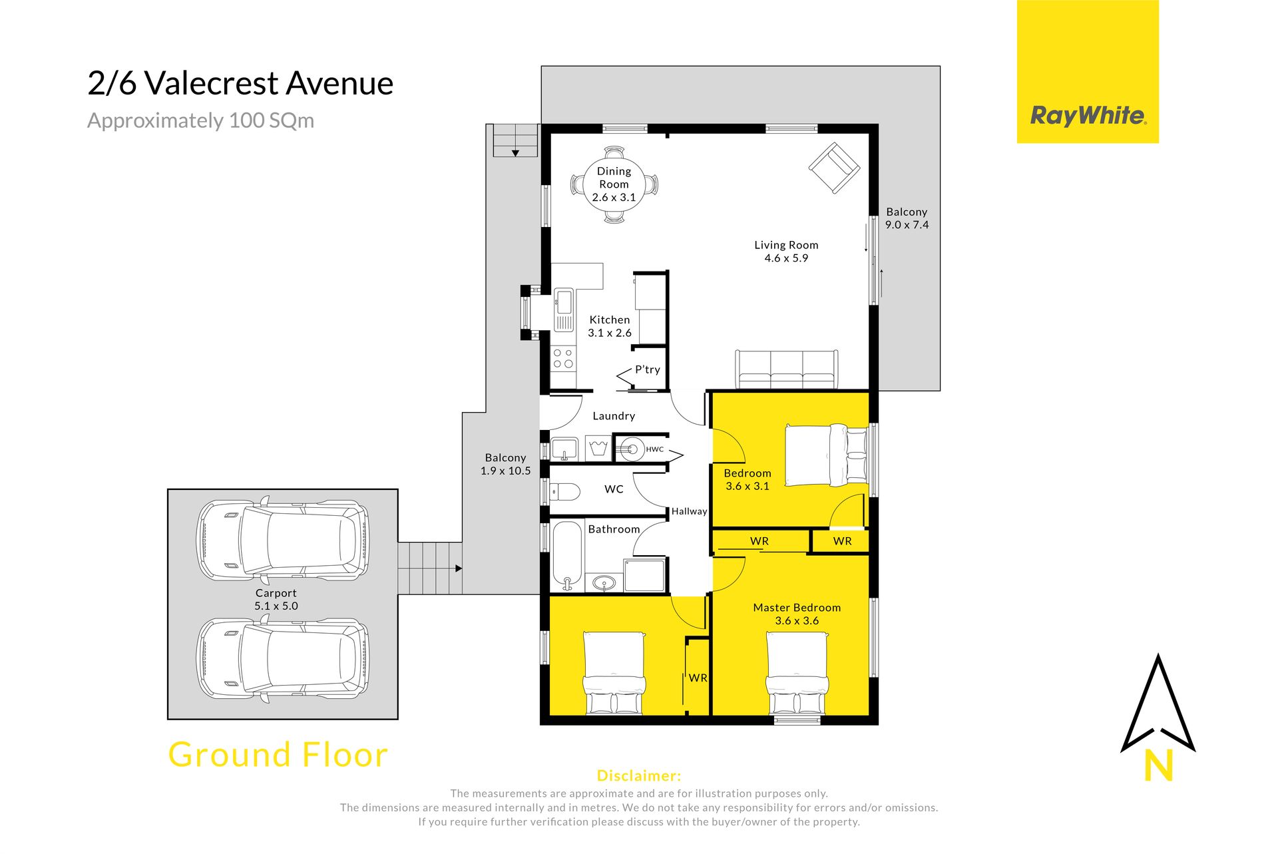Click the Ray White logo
[1088, 71]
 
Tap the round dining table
[614, 184]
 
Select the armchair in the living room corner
[834, 168]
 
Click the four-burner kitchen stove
[563, 359]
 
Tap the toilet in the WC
[566, 493]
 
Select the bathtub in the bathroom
[567, 556]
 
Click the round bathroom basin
[604, 584]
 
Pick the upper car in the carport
[283, 538]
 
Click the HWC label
[655, 449]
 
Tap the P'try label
[648, 370]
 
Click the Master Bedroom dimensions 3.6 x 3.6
[797, 621]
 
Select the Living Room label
[786, 245]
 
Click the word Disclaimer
[639, 775]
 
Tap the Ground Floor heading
[278, 755]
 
